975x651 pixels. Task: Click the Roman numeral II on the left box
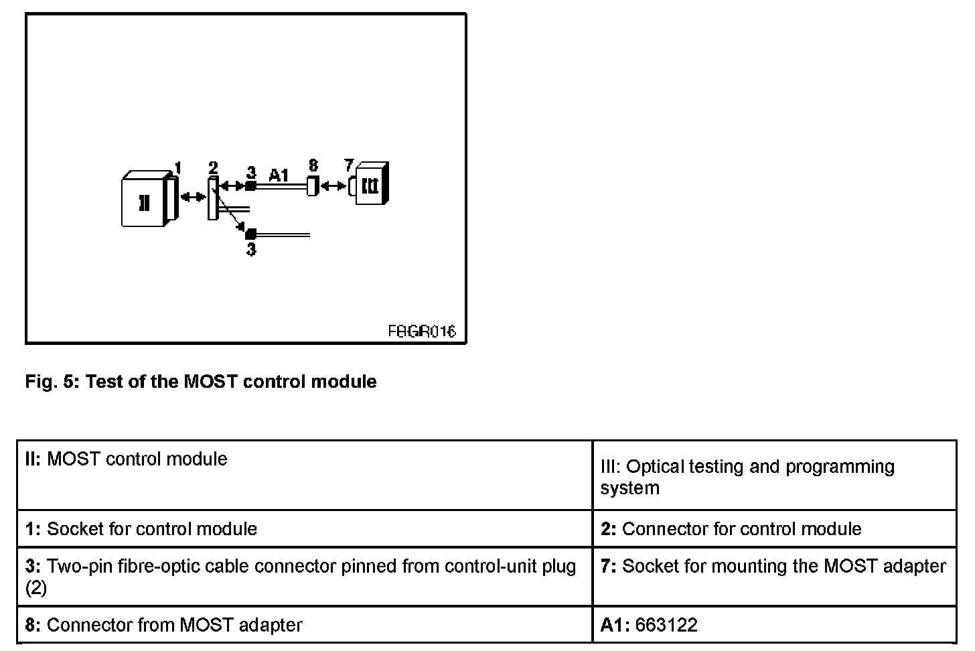[x=144, y=202]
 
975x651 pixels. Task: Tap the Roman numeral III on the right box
[x=370, y=185]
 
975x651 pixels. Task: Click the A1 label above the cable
[x=279, y=175]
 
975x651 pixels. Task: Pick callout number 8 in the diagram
[x=313, y=165]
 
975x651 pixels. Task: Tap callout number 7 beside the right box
[x=348, y=165]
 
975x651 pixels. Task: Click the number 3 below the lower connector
[x=251, y=250]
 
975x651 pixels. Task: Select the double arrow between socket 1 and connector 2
[x=194, y=196]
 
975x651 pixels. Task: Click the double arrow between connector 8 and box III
[x=333, y=186]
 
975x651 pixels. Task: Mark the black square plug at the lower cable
[x=251, y=234]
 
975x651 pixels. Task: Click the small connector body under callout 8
[x=312, y=186]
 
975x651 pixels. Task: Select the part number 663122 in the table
[x=666, y=625]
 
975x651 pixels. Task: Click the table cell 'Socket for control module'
[x=152, y=529]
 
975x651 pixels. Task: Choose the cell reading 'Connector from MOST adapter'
[x=174, y=625]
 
